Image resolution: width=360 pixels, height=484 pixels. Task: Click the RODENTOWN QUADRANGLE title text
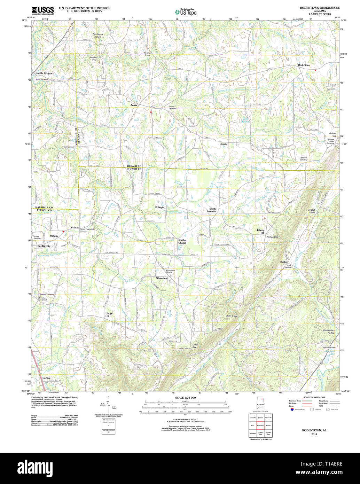pos(320,8)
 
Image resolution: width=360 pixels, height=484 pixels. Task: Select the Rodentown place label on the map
pos(304,65)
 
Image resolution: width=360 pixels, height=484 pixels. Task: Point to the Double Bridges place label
pos(44,73)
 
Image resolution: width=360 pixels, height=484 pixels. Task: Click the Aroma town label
pos(134,105)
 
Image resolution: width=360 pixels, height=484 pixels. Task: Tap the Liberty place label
pos(223,144)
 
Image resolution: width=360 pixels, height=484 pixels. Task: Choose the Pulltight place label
pos(159,207)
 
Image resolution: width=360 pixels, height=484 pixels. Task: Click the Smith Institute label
pos(212,210)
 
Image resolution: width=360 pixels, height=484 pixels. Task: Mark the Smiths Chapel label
pos(182,241)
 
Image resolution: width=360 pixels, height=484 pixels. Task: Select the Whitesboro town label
pos(162,278)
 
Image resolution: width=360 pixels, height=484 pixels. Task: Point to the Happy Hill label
pos(109,315)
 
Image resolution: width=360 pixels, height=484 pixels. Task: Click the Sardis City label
pos(44,246)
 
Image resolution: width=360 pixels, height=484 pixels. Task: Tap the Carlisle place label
pos(46,378)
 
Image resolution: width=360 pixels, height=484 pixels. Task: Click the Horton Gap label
pos(272,237)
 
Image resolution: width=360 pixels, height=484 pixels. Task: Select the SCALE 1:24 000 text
pos(185,398)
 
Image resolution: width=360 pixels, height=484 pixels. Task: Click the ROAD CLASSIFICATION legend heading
pos(314,397)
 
